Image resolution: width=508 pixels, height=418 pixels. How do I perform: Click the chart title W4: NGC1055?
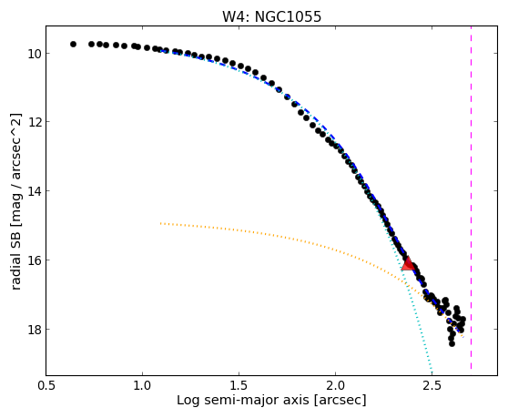pyautogui.click(x=271, y=16)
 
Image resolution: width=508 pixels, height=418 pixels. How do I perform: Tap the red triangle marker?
pyautogui.click(x=408, y=263)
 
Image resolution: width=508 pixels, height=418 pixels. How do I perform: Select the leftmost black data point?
pyautogui.click(x=73, y=44)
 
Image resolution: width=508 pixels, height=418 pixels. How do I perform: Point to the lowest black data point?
pyautogui.click(x=452, y=343)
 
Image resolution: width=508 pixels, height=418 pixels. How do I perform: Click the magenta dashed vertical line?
pyautogui.click(x=471, y=198)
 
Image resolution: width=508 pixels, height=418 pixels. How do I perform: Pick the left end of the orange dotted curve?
pyautogui.click(x=160, y=223)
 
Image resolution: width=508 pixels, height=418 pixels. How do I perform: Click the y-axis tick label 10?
pyautogui.click(x=34, y=54)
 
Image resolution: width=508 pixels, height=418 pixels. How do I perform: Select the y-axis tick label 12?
pyautogui.click(x=34, y=122)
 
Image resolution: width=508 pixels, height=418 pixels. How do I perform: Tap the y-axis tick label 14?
pyautogui.click(x=34, y=191)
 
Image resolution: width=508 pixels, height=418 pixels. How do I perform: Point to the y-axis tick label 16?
pyautogui.click(x=34, y=260)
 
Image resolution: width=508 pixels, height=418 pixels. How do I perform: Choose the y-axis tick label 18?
pyautogui.click(x=34, y=330)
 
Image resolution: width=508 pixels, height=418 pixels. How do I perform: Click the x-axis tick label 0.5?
pyautogui.click(x=46, y=385)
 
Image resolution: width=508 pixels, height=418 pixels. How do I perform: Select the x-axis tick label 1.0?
pyautogui.click(x=142, y=385)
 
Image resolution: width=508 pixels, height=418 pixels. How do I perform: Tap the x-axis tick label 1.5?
pyautogui.click(x=239, y=385)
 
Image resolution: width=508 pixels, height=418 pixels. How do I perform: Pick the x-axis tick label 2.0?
pyautogui.click(x=335, y=385)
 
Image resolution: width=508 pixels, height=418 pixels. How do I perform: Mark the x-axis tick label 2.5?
pyautogui.click(x=432, y=385)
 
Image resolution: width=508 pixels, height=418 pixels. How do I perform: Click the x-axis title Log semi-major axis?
pyautogui.click(x=243, y=401)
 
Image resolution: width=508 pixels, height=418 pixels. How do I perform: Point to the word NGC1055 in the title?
pyautogui.click(x=288, y=16)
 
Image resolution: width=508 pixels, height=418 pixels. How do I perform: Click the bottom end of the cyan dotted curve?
pyautogui.click(x=432, y=368)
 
